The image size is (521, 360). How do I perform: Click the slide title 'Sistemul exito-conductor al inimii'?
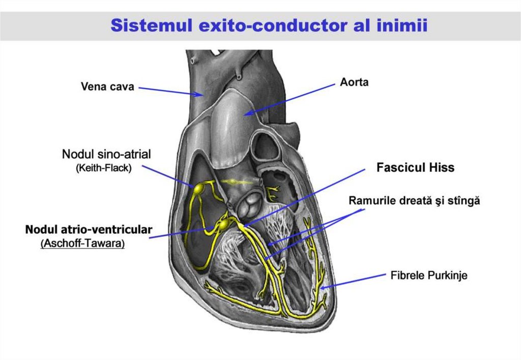point(269,25)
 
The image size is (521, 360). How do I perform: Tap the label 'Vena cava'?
point(107,86)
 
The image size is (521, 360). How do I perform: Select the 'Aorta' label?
point(354,82)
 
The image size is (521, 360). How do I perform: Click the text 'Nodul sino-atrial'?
point(106,154)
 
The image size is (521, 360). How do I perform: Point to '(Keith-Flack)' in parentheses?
point(103,168)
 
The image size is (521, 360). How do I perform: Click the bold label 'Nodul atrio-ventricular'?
point(89,230)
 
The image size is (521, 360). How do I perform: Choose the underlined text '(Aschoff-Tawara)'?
point(82,244)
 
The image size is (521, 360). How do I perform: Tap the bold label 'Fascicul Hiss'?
point(415,167)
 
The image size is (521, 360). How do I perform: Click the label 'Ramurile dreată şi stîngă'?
point(414,200)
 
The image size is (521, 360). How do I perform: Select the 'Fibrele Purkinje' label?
point(428,276)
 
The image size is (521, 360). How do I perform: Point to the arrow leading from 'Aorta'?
point(290,99)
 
